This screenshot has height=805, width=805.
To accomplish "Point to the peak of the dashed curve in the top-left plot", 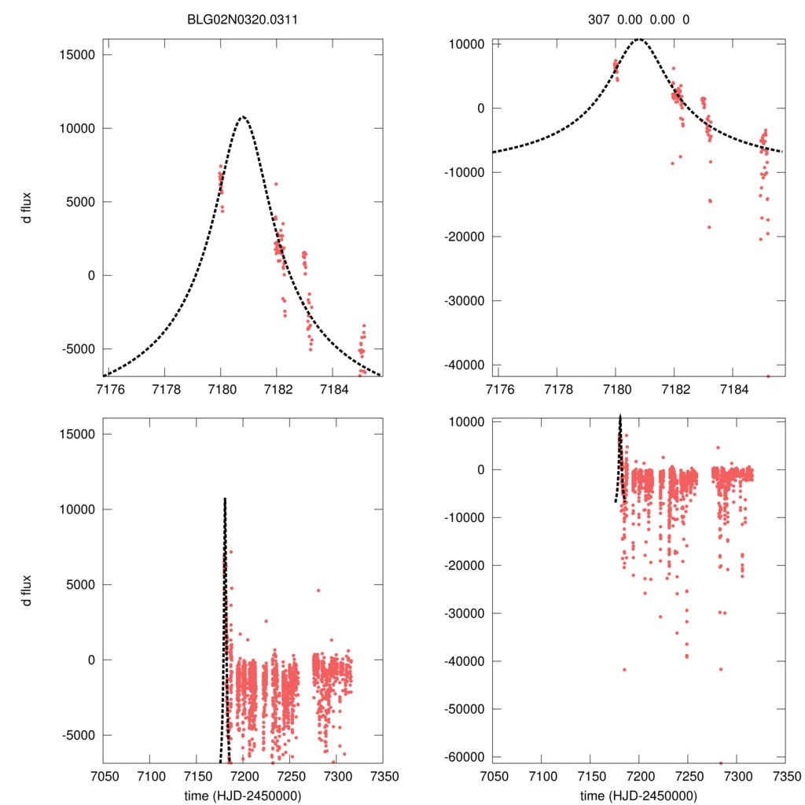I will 243,117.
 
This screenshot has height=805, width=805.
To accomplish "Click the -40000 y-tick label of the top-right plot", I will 464,365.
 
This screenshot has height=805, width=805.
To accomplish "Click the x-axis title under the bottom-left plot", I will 242,796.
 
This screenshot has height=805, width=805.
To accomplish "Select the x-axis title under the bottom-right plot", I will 638,796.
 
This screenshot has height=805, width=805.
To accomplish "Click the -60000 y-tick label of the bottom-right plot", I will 464,756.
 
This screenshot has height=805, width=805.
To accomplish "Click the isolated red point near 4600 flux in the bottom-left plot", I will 318,590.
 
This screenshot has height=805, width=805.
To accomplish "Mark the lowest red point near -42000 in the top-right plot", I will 768,376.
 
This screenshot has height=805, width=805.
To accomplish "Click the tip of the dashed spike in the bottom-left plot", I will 225,498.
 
